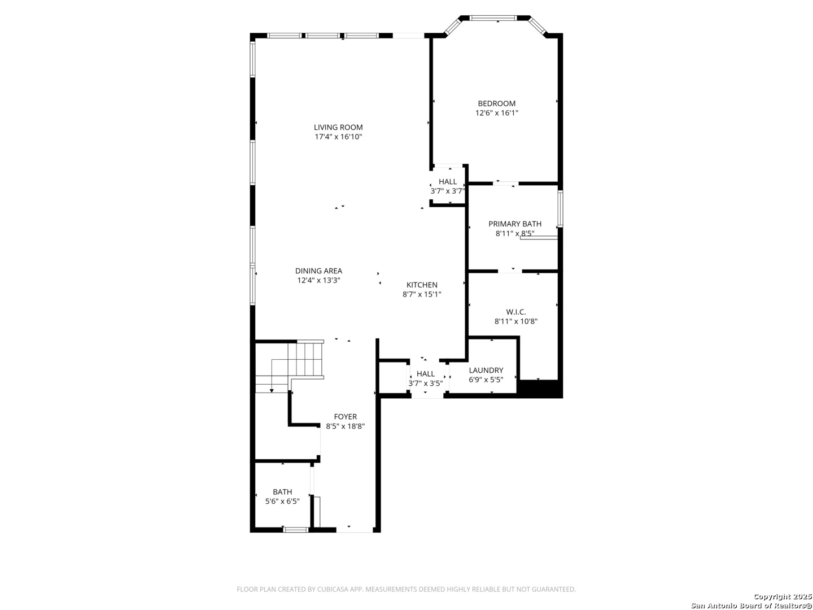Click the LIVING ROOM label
click(338, 128)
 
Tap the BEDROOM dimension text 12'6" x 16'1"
click(497, 113)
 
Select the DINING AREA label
click(318, 271)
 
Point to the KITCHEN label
click(422, 285)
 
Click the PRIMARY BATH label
click(515, 224)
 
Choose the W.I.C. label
click(516, 312)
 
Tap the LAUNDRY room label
click(486, 370)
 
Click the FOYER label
click(345, 417)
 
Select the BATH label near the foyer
click(282, 492)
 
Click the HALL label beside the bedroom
click(448, 181)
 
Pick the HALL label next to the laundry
click(426, 373)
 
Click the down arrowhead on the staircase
click(272, 391)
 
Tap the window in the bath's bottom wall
click(296, 530)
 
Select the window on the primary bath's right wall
click(561, 208)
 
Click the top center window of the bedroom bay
click(493, 18)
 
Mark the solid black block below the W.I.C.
click(540, 389)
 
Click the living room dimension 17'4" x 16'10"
click(338, 137)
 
